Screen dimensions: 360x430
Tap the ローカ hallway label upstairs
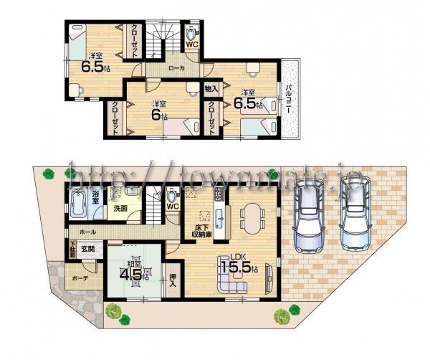(x=175, y=69)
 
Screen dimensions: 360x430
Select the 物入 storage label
(x=211, y=88)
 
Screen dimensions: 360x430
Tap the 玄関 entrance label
(x=87, y=248)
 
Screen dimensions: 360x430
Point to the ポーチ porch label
(x=79, y=279)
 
